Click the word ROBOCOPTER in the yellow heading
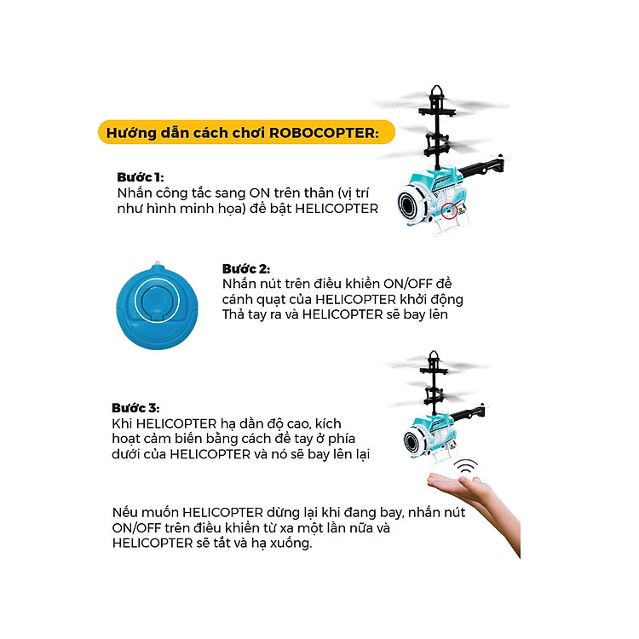pyautogui.click(x=322, y=133)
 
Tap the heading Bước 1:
pyautogui.click(x=141, y=177)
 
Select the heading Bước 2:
pyautogui.click(x=246, y=269)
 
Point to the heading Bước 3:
pyautogui.click(x=135, y=408)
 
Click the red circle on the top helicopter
pyautogui.click(x=449, y=210)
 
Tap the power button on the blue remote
pyautogui.click(x=157, y=302)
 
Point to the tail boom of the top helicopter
pyautogui.click(x=481, y=166)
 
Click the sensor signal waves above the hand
pyautogui.click(x=466, y=466)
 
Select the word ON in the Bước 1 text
pyautogui.click(x=260, y=193)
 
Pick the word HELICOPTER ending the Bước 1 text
pyautogui.click(x=337, y=209)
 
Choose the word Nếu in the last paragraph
pyautogui.click(x=124, y=512)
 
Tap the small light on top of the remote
pyautogui.click(x=158, y=263)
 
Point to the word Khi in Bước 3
pyautogui.click(x=122, y=423)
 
